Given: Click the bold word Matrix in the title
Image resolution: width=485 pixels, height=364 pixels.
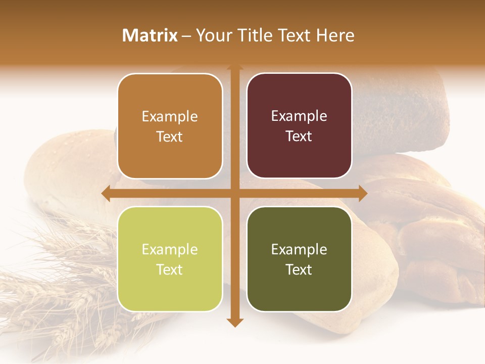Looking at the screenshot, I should click(x=150, y=35).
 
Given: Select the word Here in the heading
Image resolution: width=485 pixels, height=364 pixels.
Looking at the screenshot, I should click(x=335, y=35).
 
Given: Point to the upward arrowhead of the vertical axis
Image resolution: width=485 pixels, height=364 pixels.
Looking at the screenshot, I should click(x=235, y=67).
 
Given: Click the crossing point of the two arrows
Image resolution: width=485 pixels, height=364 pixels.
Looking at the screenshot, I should click(x=235, y=194).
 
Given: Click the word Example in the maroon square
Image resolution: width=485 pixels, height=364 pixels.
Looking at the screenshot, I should click(x=299, y=116).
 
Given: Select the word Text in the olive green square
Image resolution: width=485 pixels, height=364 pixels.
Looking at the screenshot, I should click(x=299, y=269).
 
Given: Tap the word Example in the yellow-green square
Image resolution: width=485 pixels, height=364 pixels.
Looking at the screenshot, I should click(x=170, y=249).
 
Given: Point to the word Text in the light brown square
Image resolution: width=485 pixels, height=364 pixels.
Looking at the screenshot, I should click(x=170, y=136).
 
